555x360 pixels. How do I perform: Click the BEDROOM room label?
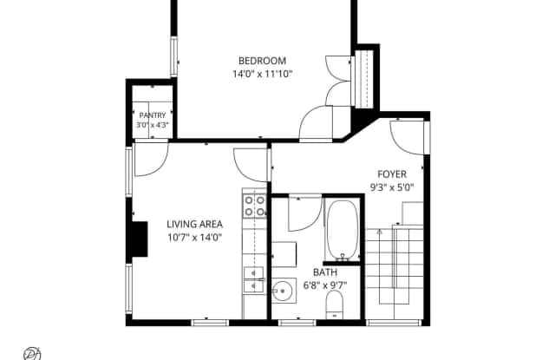[262, 61]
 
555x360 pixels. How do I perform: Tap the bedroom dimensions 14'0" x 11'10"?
[262, 74]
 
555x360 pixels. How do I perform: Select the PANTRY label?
[153, 115]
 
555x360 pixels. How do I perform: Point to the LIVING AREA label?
[194, 224]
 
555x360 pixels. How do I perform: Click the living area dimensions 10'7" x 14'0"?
[194, 237]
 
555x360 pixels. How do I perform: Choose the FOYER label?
[392, 174]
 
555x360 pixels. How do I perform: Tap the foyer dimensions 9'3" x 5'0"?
[392, 187]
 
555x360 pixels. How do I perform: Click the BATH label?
[325, 272]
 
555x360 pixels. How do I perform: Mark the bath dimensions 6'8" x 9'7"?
[325, 285]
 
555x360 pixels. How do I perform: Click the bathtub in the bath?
[342, 231]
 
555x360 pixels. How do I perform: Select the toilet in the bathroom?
[335, 305]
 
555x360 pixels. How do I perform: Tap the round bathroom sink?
[284, 291]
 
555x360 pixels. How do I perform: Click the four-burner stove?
[254, 206]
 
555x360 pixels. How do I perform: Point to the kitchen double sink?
[254, 279]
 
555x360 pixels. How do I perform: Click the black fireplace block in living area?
[140, 239]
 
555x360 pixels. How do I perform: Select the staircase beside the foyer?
[395, 266]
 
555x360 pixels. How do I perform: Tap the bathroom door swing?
[305, 213]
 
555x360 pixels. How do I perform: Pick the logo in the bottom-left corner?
[32, 354]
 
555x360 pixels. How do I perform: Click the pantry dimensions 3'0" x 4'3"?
[153, 125]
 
